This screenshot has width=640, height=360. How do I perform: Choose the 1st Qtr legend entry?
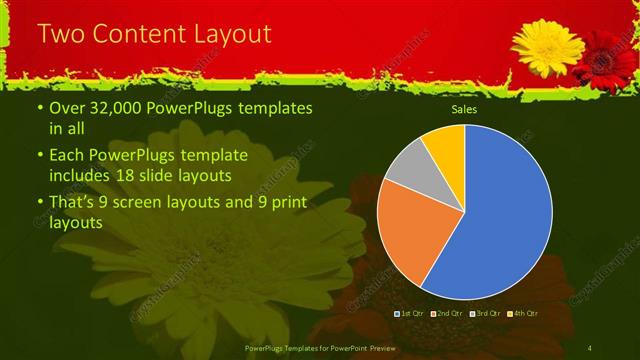pos(411,314)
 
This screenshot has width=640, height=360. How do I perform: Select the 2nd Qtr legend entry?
pos(447,314)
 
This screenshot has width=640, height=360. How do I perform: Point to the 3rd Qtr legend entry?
pos(485,314)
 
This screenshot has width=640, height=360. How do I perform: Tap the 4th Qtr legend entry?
pos(522,314)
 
